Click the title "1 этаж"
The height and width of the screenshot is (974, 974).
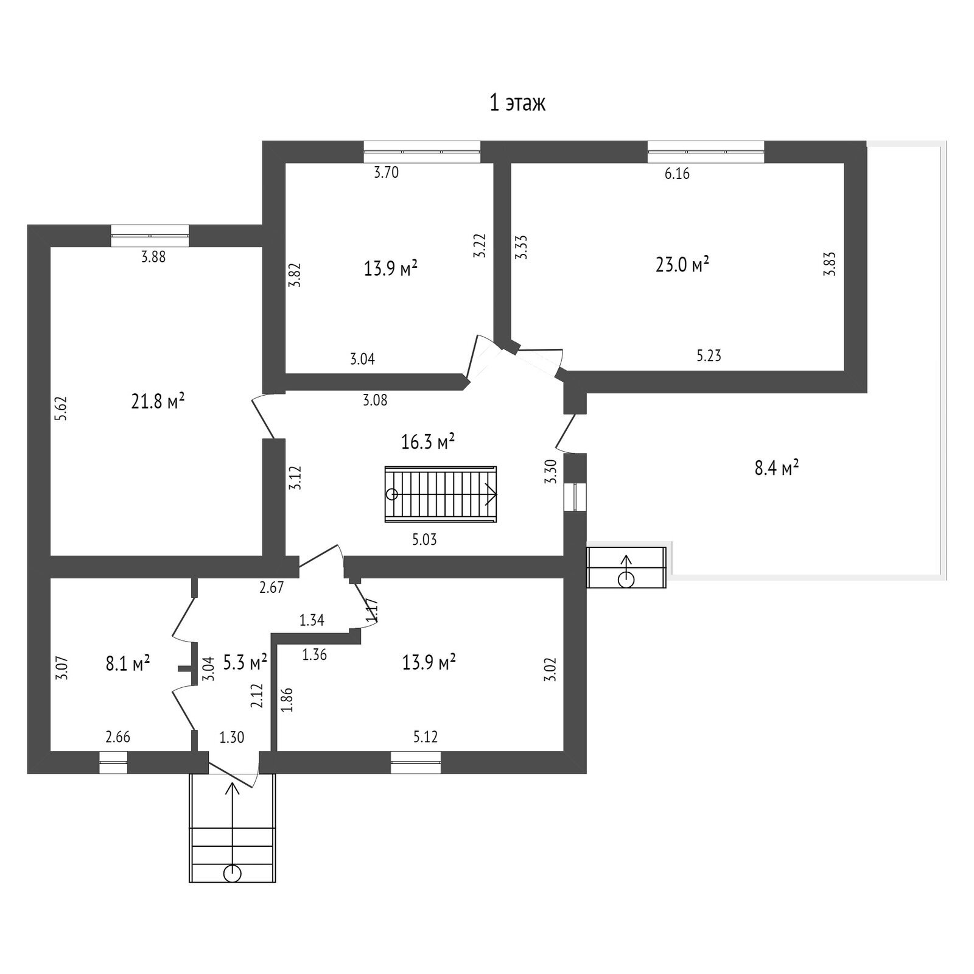(x=517, y=103)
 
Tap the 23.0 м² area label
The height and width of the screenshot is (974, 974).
(x=682, y=265)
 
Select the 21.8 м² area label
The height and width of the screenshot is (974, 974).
(x=158, y=401)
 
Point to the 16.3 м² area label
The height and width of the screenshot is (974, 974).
(x=429, y=441)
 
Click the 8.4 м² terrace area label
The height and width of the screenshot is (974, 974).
(x=777, y=469)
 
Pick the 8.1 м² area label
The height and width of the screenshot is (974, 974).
(x=128, y=664)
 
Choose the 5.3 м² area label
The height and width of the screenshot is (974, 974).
(x=245, y=662)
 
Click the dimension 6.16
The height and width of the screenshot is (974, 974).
(x=677, y=174)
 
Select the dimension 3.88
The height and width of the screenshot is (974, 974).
(x=153, y=257)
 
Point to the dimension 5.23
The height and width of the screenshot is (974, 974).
(x=709, y=356)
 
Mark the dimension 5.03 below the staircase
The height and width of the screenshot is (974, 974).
(x=424, y=539)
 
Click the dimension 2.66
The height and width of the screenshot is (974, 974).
(x=118, y=737)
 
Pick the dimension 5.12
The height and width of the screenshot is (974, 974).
(x=426, y=737)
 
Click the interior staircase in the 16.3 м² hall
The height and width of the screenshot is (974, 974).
(x=441, y=494)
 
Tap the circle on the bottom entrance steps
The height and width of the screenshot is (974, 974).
(x=232, y=874)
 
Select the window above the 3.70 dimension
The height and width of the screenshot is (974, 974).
(x=422, y=152)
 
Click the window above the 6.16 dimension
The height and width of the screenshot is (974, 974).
(x=706, y=152)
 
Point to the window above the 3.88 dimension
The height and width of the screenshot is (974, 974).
(x=150, y=236)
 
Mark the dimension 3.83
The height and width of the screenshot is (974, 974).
(x=829, y=264)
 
